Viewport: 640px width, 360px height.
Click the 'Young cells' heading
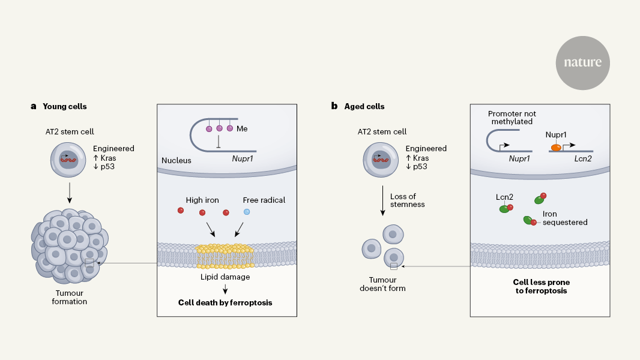tap(65, 106)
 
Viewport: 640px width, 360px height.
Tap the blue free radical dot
tap(247, 212)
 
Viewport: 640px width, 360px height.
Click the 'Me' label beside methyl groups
tap(242, 128)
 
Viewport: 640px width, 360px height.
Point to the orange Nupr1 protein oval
tap(557, 147)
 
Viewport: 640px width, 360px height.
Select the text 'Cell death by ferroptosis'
tap(225, 302)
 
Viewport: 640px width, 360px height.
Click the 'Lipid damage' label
tap(226, 277)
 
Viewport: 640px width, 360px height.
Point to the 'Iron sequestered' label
tap(564, 217)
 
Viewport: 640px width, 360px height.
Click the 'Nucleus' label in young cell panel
tap(176, 161)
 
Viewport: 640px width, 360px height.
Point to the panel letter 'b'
tap(334, 106)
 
